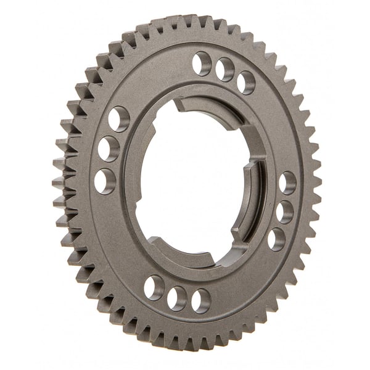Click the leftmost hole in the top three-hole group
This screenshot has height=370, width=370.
click(202, 63)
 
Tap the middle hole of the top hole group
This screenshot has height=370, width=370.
click(224, 70)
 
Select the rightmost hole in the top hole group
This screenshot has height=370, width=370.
click(246, 82)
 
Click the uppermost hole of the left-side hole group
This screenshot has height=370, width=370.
click(118, 118)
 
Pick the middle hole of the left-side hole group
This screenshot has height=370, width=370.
click(109, 149)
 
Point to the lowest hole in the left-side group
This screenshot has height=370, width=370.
click(105, 181)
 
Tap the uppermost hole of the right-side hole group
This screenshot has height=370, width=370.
click(287, 183)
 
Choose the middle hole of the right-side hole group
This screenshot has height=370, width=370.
click(284, 212)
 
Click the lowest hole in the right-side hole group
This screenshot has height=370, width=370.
click(276, 239)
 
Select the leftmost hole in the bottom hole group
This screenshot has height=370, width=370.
click(154, 287)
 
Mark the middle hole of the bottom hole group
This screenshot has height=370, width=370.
click(177, 298)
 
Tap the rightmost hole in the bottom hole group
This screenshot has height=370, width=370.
click(200, 301)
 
